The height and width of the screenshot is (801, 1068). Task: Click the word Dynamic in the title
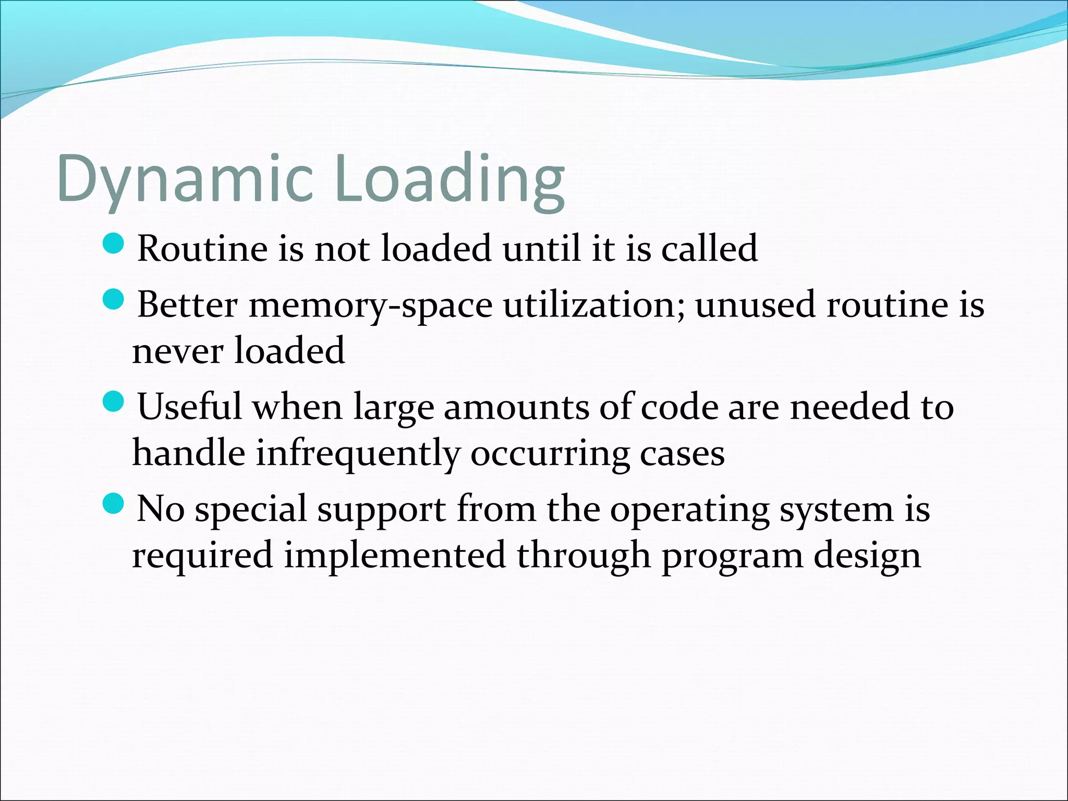185,180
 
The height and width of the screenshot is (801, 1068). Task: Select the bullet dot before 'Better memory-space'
113,299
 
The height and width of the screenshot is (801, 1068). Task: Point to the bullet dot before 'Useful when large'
113,402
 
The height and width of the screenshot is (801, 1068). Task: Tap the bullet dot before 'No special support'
113,504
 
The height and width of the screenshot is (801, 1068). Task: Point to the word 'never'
178,351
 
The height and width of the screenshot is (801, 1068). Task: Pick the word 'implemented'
394,556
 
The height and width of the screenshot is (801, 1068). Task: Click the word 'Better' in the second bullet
187,305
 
